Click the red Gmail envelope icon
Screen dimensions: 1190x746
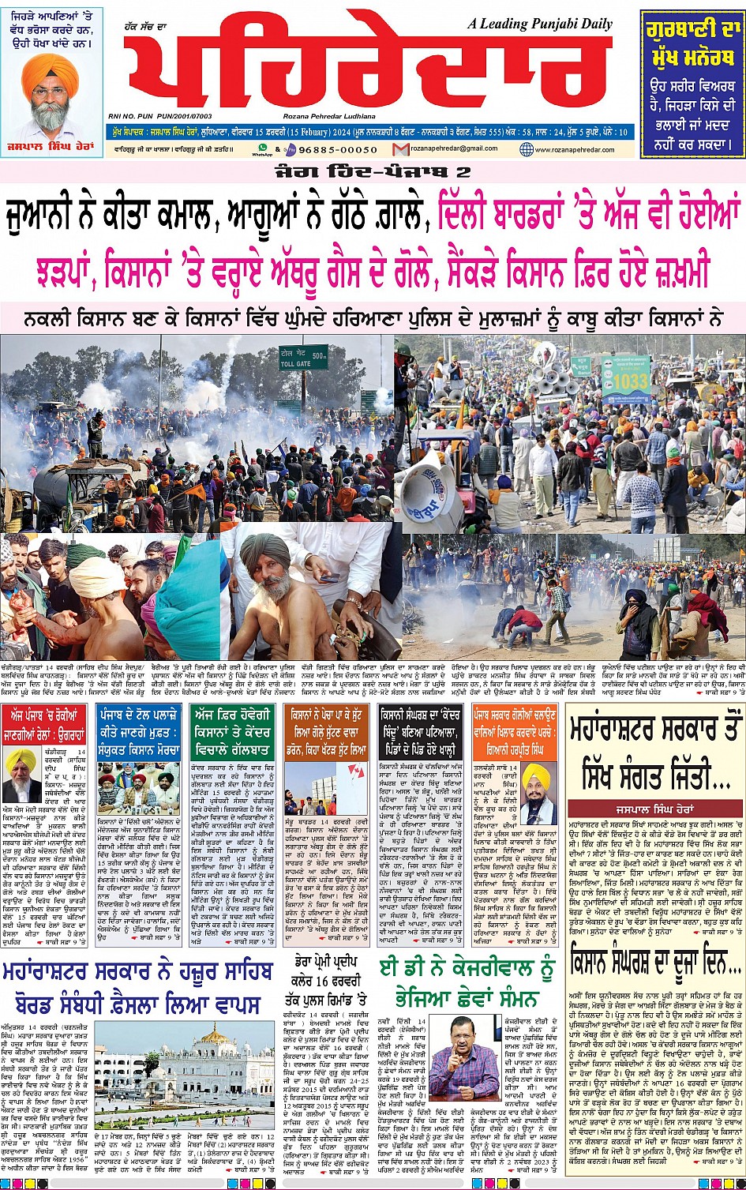pyautogui.click(x=401, y=149)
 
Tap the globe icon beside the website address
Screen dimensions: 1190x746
pyautogui.click(x=527, y=149)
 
